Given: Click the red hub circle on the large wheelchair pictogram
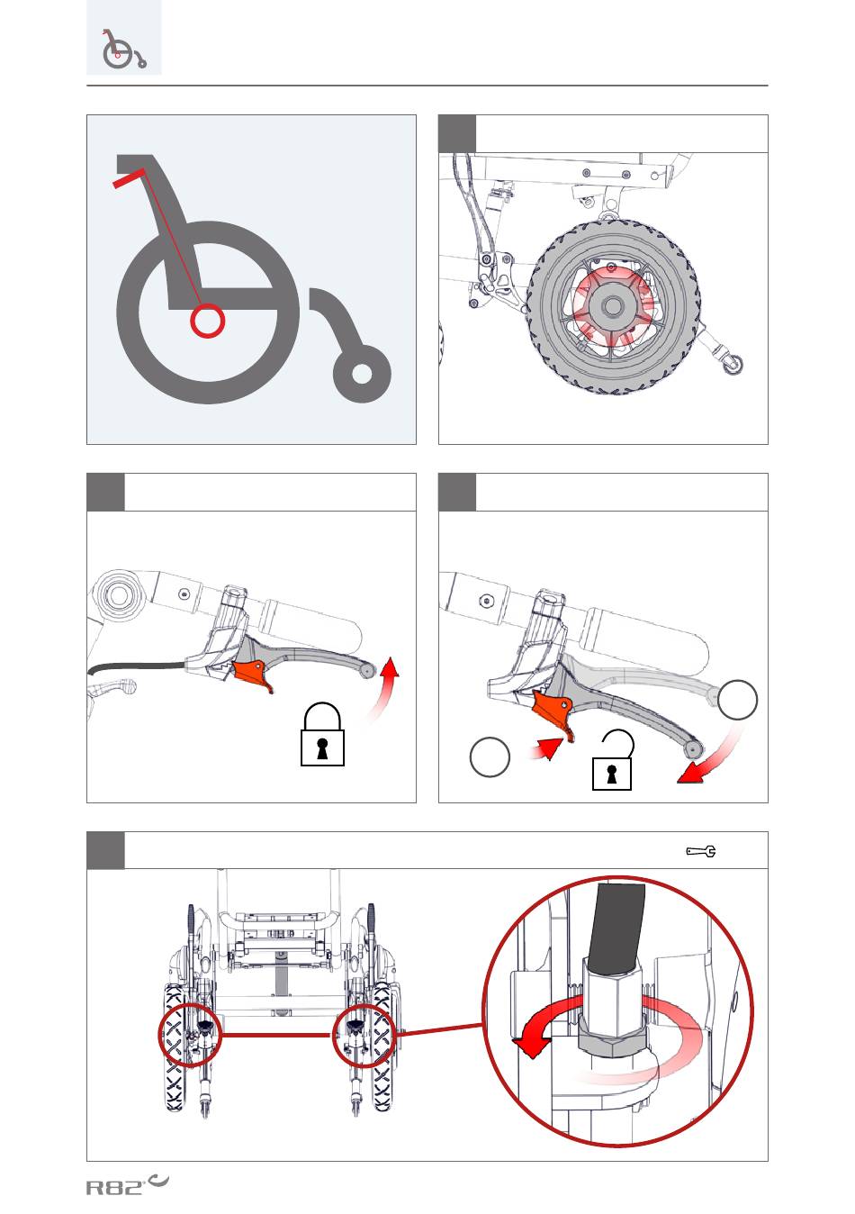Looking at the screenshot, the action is (207, 321).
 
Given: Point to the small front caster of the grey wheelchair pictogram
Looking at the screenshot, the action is (362, 373).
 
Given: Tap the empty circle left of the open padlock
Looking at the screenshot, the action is (490, 757).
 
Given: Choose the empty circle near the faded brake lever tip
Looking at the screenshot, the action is (738, 700).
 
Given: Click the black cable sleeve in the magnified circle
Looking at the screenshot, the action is (615, 922).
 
